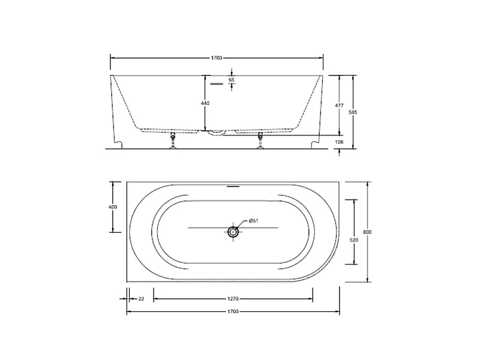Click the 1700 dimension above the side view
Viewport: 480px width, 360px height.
coord(217,58)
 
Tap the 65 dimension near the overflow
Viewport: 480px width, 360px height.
coord(232,80)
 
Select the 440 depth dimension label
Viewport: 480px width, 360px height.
coord(205,103)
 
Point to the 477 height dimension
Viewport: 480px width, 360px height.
coord(339,106)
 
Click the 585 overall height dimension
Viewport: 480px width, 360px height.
coord(353,112)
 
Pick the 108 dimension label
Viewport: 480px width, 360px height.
coord(339,142)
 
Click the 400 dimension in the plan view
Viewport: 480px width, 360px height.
coord(113,207)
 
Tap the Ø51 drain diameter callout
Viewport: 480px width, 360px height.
coord(254,220)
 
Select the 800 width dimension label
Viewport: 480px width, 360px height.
coord(367,232)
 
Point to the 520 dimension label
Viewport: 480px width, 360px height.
coord(353,240)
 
